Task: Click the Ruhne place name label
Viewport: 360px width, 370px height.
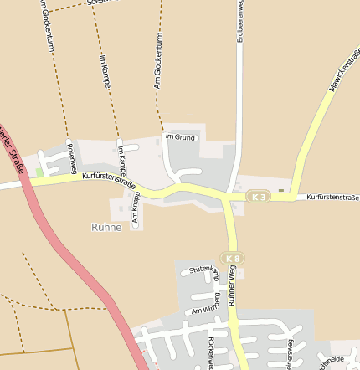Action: [106, 227]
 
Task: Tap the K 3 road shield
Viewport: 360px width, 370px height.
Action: [259, 197]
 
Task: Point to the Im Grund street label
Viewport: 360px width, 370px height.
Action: [180, 136]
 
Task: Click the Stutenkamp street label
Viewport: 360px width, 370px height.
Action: [204, 270]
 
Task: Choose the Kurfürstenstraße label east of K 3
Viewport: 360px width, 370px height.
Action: [332, 198]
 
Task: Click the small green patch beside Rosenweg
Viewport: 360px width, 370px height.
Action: [39, 172]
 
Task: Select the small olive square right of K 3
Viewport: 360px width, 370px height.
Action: [281, 190]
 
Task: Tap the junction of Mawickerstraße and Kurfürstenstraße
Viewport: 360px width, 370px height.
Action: [294, 198]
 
